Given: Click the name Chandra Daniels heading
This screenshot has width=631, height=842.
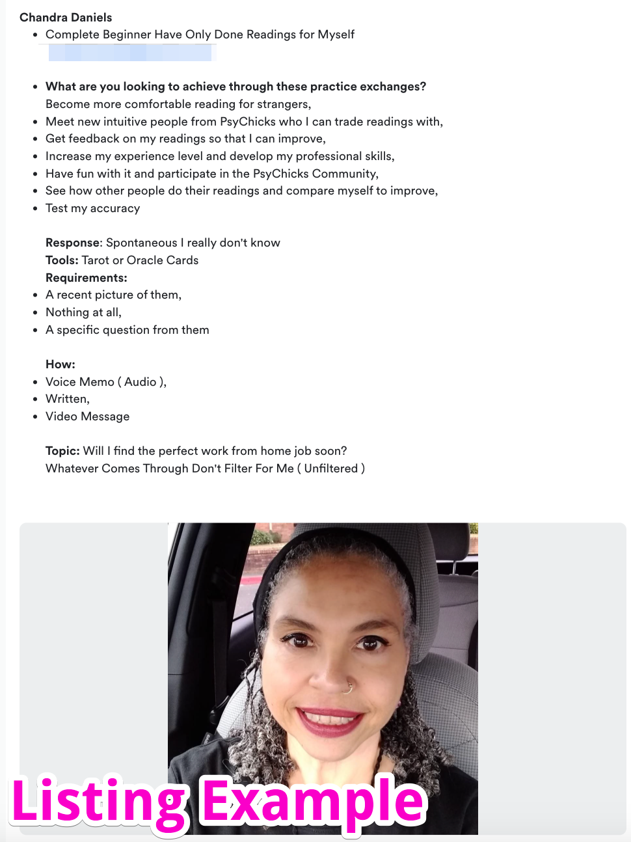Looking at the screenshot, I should (x=66, y=18).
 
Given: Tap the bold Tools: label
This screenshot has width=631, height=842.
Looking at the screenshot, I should (x=62, y=260).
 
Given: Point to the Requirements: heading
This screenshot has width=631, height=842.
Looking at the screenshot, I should (x=87, y=278).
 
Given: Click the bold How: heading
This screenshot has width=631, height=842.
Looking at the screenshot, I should (x=60, y=364).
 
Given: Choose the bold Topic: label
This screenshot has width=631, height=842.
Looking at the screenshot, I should (x=62, y=451).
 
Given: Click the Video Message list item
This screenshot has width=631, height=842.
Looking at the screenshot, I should (x=87, y=416).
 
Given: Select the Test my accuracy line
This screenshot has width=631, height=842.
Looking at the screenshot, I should (x=92, y=208).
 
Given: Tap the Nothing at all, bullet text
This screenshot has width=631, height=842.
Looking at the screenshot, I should (x=83, y=312).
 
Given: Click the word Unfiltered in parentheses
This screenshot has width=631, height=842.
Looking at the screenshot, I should (x=331, y=469).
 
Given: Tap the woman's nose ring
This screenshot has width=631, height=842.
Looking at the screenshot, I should (x=349, y=686).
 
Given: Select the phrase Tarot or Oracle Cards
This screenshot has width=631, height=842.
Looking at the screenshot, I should (x=140, y=260).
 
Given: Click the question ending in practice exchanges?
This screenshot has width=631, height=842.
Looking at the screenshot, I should (x=235, y=87).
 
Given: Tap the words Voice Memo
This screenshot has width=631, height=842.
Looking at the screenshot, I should (x=80, y=382).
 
